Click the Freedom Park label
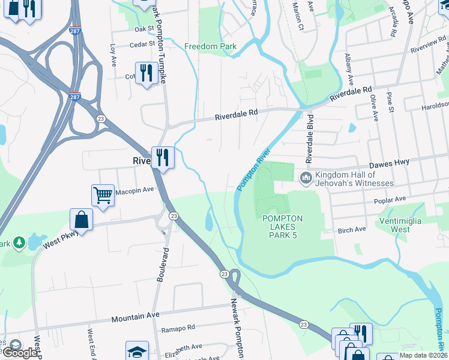point(210,46)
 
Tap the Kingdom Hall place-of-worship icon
point(306,177)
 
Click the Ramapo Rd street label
point(179,328)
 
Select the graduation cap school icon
point(137,351)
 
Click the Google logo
point(20,353)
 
